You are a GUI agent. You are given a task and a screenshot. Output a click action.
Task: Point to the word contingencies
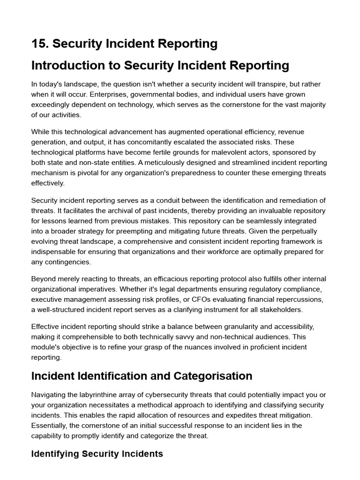[x=68, y=262]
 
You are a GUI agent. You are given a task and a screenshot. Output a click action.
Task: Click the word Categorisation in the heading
[x=213, y=376]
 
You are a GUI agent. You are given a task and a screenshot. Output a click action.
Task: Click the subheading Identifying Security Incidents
[x=97, y=454]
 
